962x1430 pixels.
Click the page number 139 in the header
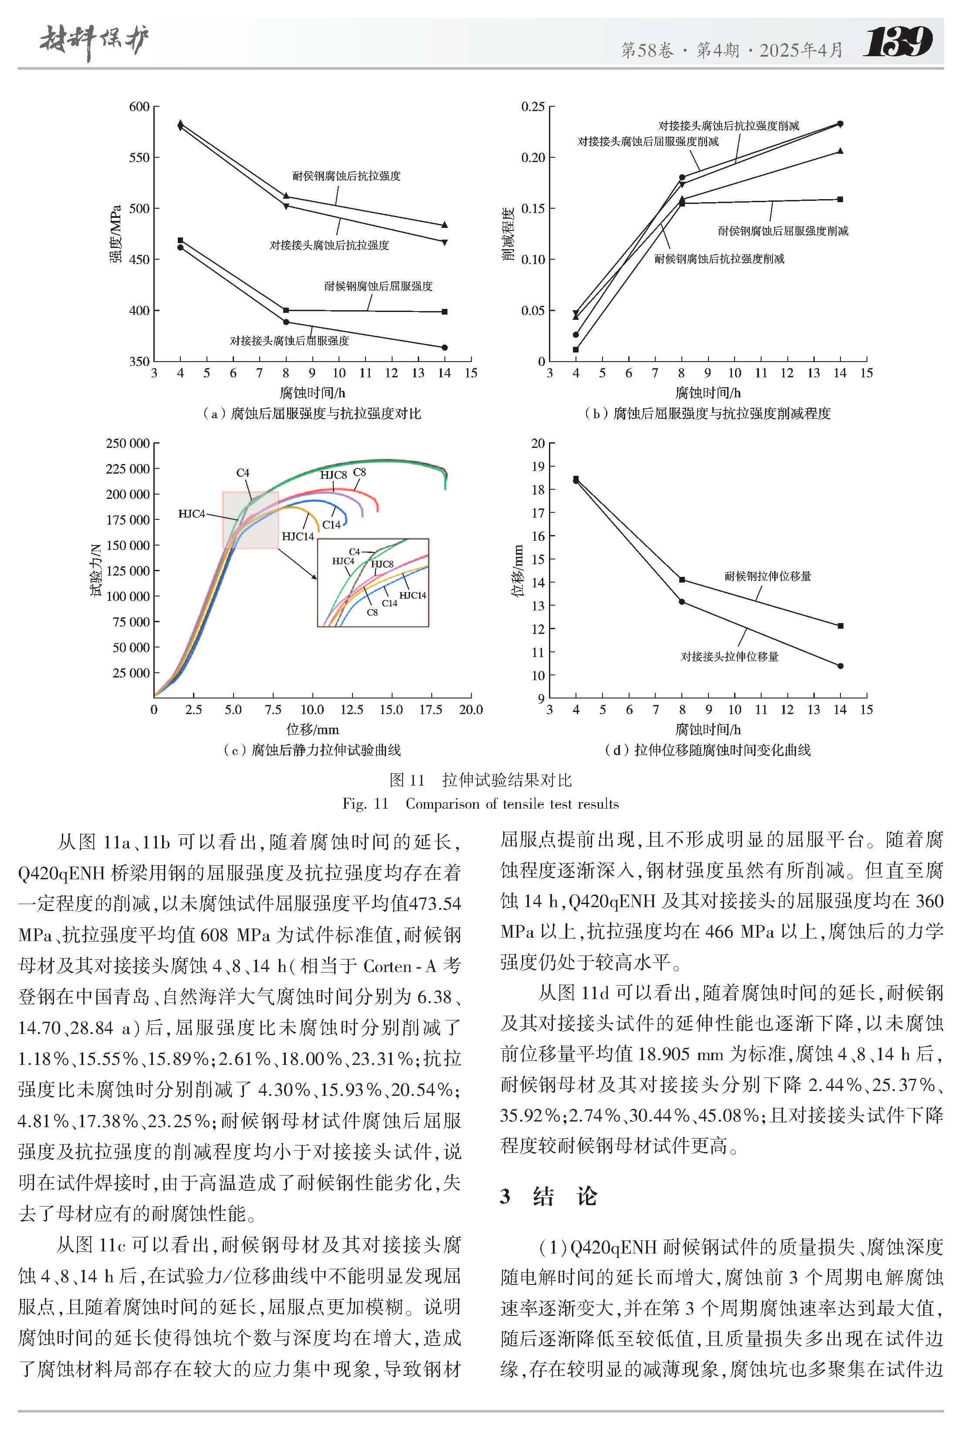click(x=898, y=42)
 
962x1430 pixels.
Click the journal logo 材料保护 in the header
click(x=94, y=42)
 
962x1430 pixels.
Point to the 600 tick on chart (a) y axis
click(x=139, y=107)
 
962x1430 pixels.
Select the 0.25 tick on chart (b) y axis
click(x=532, y=107)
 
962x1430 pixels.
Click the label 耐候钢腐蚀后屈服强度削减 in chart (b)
click(x=783, y=230)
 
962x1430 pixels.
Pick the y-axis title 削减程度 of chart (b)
click(x=508, y=234)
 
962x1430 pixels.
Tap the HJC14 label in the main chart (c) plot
click(x=298, y=536)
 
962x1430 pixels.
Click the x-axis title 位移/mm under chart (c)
click(x=312, y=729)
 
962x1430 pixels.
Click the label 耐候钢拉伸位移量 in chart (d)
click(x=768, y=576)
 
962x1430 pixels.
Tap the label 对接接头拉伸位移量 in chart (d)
click(x=729, y=657)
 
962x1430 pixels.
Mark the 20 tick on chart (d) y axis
click(x=538, y=443)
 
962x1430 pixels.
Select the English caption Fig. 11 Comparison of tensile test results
click(x=481, y=803)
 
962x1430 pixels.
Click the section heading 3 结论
click(x=548, y=1196)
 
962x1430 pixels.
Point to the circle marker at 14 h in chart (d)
click(x=840, y=666)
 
